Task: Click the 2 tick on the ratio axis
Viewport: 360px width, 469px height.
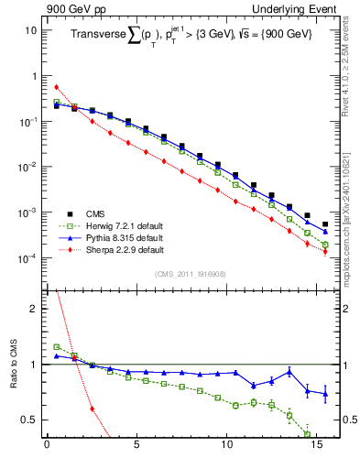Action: point(33,309)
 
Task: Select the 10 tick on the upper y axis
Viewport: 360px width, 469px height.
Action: point(29,30)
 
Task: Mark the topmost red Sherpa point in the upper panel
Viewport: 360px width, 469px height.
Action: point(56,87)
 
